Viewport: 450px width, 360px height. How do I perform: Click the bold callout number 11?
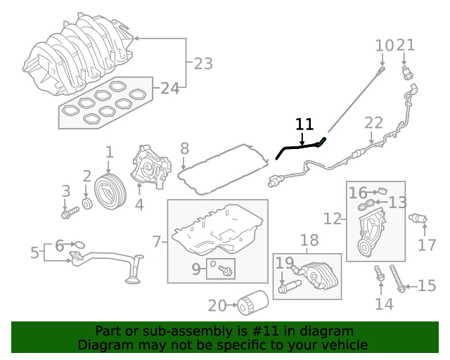(x=304, y=124)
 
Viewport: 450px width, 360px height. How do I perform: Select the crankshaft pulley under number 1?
(x=110, y=191)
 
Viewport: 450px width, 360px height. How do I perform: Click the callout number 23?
(x=203, y=64)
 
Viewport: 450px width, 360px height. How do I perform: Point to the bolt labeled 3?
(x=70, y=213)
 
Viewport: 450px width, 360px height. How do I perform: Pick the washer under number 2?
(x=87, y=203)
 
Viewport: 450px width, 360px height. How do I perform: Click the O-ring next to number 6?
(x=79, y=245)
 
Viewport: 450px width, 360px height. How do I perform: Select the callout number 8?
(x=184, y=148)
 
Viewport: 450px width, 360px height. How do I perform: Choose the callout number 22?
(x=373, y=122)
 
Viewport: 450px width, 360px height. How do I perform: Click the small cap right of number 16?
(x=382, y=191)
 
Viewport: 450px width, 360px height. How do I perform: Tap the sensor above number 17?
(x=418, y=219)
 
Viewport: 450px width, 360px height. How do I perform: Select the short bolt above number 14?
(x=380, y=274)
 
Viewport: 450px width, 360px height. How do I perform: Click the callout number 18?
(x=309, y=240)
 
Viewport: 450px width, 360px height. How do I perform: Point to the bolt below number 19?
(x=289, y=287)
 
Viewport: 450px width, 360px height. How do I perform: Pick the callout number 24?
(x=170, y=88)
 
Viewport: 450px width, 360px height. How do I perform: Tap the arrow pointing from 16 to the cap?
(x=373, y=192)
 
